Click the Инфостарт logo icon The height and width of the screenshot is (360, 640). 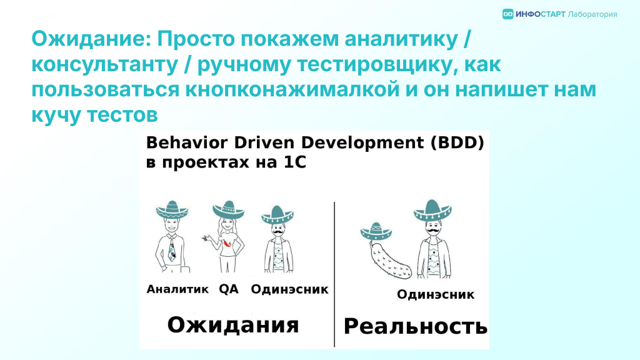click(507, 14)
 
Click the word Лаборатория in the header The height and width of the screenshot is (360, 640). click(592, 15)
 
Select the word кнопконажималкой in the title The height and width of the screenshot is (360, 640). click(292, 89)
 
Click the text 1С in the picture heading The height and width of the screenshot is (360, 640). click(295, 162)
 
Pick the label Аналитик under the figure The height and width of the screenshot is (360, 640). click(177, 289)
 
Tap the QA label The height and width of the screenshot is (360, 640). click(229, 289)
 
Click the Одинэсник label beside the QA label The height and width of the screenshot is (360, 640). click(289, 289)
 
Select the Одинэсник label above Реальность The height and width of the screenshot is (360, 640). click(436, 294)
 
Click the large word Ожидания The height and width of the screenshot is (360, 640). click(233, 325)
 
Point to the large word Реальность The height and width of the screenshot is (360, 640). click(416, 326)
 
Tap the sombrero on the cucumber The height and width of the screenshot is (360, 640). click(376, 231)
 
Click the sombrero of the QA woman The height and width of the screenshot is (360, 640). click(228, 209)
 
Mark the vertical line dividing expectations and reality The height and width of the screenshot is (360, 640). click(334, 274)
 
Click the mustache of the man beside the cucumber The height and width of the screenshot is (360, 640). click(432, 231)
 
